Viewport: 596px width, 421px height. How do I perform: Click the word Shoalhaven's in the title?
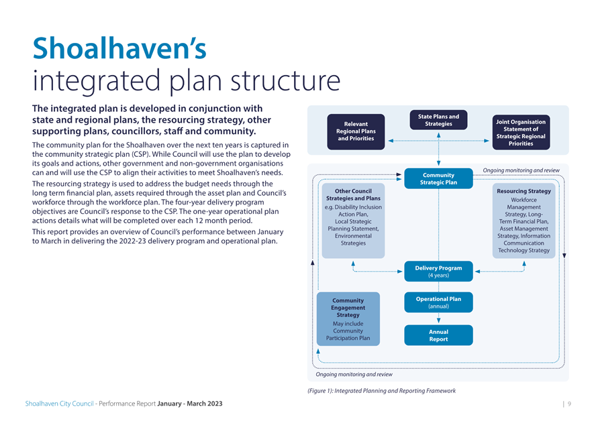click(119, 48)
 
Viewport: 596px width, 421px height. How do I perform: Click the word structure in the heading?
click(285, 80)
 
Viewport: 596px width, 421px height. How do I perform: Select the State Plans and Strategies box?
click(438, 120)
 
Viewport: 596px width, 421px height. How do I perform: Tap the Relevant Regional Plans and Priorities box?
click(356, 131)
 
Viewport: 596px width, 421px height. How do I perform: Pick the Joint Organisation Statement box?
click(521, 132)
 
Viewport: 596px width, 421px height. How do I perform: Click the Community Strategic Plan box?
click(438, 178)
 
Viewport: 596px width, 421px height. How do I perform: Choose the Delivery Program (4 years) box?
click(438, 272)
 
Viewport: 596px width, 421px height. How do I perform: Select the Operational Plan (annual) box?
click(438, 302)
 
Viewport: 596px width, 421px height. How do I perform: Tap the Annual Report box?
click(438, 335)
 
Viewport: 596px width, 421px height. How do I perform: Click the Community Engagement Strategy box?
click(348, 319)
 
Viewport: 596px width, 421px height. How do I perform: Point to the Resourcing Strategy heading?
click(524, 191)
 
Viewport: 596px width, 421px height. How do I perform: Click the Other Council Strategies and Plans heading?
click(353, 194)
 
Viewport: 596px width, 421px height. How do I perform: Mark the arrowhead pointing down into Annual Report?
click(439, 321)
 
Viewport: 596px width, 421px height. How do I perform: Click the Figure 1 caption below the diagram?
click(382, 391)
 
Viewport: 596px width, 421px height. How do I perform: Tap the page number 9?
click(569, 404)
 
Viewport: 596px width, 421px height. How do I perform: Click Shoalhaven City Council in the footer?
click(59, 404)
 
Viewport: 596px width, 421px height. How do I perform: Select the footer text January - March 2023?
click(190, 404)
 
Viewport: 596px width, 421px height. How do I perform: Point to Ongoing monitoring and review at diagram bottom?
click(354, 374)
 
